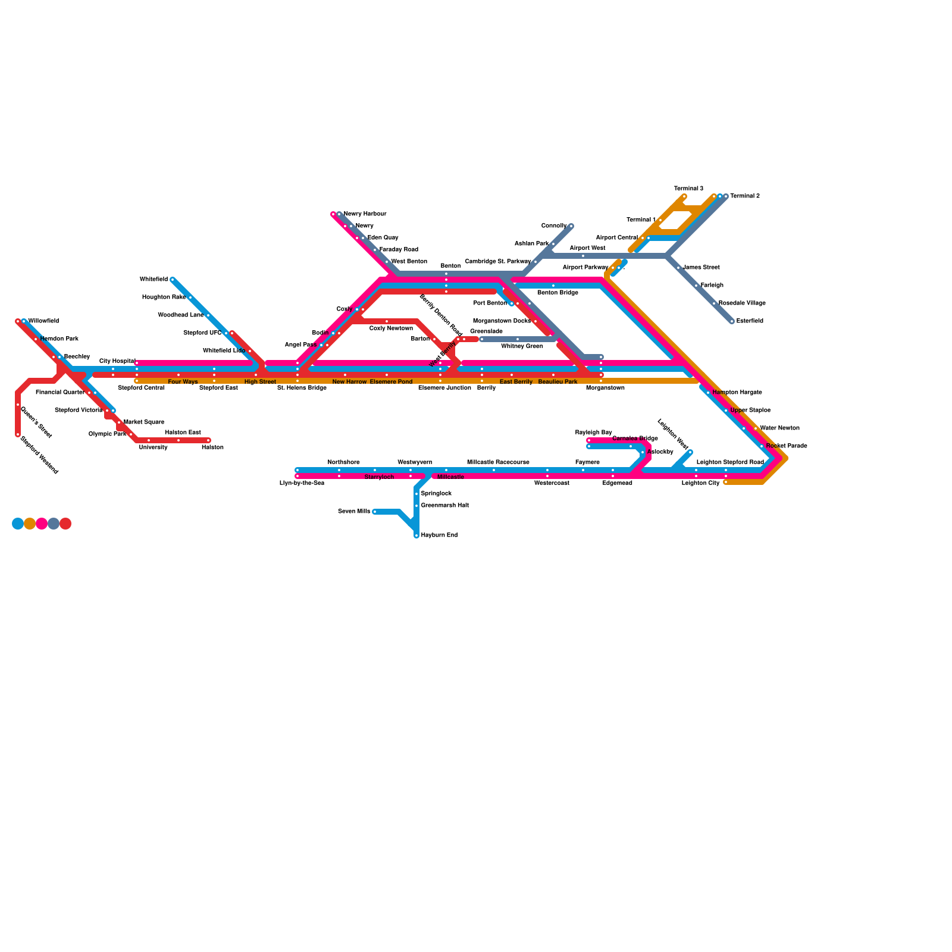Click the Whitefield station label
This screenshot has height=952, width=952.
[154, 280]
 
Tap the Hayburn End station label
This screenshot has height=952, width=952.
[439, 535]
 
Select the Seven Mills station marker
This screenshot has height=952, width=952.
[375, 512]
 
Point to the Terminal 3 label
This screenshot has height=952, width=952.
[688, 189]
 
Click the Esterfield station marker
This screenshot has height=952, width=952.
[732, 321]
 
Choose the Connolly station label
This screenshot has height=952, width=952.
[553, 226]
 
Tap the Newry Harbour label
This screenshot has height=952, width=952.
[365, 214]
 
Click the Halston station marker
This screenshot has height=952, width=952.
[208, 440]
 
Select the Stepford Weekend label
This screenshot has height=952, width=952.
[39, 455]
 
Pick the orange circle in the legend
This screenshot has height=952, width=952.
[30, 524]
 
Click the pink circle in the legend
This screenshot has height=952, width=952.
[42, 524]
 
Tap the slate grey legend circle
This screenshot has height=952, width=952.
[54, 524]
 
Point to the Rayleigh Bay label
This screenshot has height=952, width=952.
[593, 433]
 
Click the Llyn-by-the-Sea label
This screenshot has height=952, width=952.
[302, 483]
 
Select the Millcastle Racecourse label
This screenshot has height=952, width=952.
[498, 462]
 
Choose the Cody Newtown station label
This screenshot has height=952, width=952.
[391, 328]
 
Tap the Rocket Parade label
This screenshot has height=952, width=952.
[787, 446]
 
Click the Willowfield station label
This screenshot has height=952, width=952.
[43, 321]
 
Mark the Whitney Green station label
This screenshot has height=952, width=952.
[522, 346]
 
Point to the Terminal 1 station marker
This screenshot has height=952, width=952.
[660, 220]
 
